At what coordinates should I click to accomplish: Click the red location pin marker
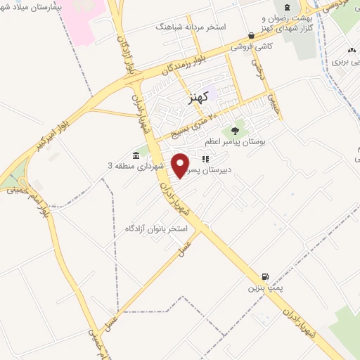[x=181, y=165]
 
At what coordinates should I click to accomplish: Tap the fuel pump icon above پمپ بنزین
[x=265, y=276]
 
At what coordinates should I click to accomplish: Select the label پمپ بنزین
[x=257, y=288]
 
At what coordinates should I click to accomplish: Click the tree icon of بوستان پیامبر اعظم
[x=235, y=130]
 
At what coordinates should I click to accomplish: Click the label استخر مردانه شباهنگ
[x=191, y=27]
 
